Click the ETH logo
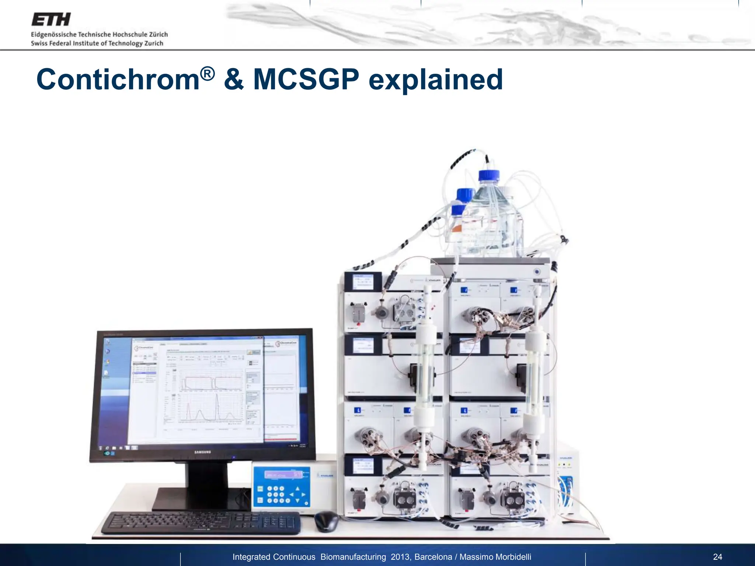tap(51, 20)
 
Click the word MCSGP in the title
tap(306, 79)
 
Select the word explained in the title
tap(435, 80)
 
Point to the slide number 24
tap(717, 557)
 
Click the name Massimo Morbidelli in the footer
tap(495, 557)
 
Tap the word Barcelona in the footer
tap(433, 557)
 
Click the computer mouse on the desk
tap(326, 521)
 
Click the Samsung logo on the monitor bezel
tap(203, 452)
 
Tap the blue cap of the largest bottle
tap(489, 176)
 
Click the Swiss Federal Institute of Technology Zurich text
tap(97, 43)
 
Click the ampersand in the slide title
tap(234, 79)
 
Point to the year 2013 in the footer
tap(400, 557)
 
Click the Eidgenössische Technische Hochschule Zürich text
tap(99, 34)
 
